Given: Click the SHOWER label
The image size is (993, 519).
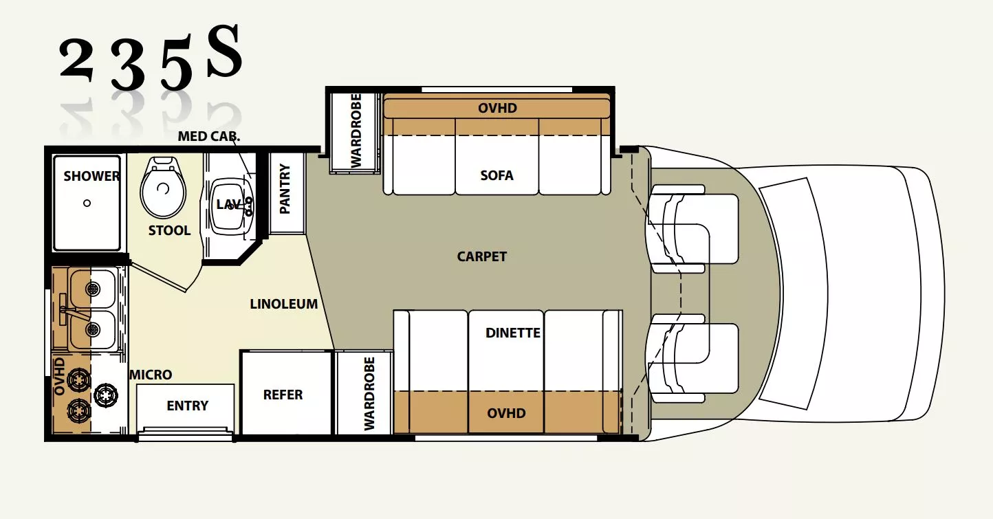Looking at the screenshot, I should [91, 176].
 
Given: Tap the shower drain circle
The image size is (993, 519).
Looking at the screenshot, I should [87, 203].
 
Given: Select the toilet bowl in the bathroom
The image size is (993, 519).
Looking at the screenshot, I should [163, 188].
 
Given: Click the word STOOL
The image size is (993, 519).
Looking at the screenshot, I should [169, 230].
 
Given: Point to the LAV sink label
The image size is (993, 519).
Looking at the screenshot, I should [228, 204].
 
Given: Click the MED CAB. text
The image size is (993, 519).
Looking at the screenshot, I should [209, 136].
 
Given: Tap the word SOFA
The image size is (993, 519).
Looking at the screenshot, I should [497, 175].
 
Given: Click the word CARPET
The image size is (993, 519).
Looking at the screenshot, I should [481, 256].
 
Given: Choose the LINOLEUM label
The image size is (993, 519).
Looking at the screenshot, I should [283, 303].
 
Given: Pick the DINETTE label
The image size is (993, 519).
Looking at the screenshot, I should [512, 333].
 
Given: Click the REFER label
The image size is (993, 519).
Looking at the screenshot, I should [283, 395].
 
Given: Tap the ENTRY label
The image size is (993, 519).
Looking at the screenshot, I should [187, 406].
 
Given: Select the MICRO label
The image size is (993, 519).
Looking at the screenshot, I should [151, 375].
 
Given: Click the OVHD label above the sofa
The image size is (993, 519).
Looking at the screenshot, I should [497, 108].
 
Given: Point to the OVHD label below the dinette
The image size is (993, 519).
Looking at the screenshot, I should [506, 413].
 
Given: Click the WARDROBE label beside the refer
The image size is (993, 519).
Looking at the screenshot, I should [369, 394].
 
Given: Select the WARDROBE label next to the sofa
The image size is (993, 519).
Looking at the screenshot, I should [356, 131].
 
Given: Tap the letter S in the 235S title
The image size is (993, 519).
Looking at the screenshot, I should [224, 53].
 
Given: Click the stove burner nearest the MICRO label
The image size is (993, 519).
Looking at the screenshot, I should [106, 395].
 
